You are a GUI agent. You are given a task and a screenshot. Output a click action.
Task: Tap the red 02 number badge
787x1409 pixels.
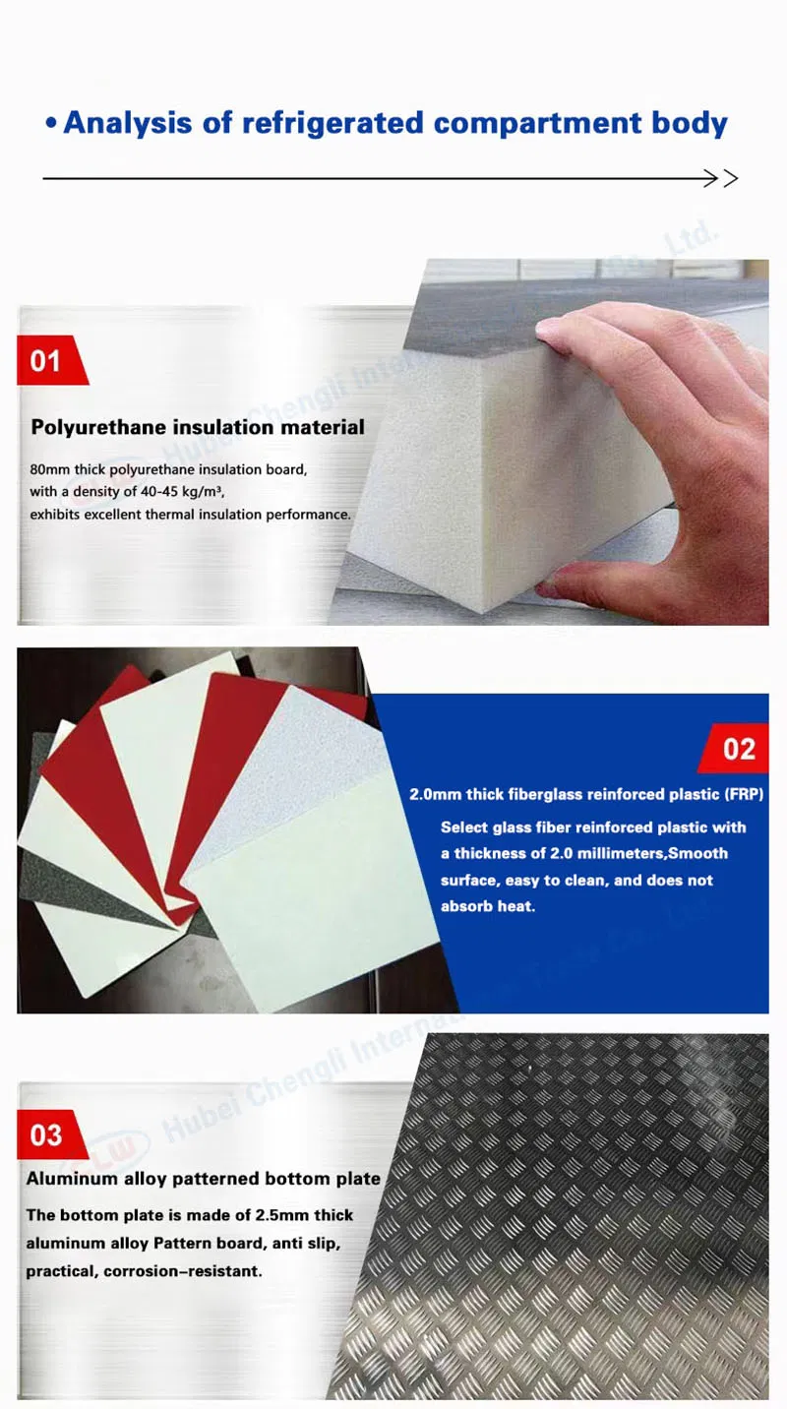pos(734,749)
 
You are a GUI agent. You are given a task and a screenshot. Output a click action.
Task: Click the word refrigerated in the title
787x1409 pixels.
pos(333,123)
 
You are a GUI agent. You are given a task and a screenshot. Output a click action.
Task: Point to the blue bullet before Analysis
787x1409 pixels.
pos(51,123)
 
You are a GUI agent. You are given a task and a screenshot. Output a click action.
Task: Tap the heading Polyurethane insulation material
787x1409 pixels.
pos(198,428)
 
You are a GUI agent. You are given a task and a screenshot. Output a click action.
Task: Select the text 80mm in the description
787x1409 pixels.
pos(50,469)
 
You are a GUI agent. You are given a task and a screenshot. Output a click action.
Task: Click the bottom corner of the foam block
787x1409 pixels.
pos(483,611)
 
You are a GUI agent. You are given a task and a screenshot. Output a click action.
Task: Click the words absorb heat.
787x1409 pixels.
pos(488,906)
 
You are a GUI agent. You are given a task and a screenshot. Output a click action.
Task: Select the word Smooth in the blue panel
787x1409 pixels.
pos(697,854)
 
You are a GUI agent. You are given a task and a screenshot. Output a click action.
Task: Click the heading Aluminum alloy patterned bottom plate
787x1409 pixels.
pos(204,1179)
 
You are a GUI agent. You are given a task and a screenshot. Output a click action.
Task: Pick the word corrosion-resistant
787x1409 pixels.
pos(182,1271)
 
